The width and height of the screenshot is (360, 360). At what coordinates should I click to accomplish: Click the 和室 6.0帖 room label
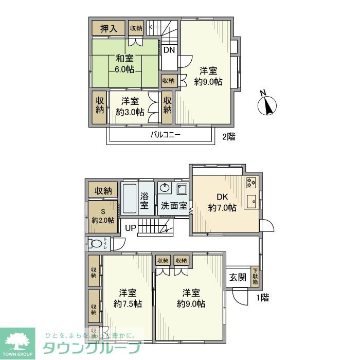(x=124, y=64)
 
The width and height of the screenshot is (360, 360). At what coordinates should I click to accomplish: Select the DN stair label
(x=169, y=50)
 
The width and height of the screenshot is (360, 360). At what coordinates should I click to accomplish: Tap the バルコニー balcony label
(x=166, y=136)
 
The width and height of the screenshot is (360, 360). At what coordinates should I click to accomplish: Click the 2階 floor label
(x=229, y=137)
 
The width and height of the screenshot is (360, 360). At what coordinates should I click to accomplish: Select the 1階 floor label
(x=261, y=297)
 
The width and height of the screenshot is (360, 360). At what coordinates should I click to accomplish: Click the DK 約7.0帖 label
(x=222, y=202)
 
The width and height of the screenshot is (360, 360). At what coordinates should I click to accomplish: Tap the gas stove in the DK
(x=251, y=183)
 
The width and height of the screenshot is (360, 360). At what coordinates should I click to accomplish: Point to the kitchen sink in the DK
(x=251, y=201)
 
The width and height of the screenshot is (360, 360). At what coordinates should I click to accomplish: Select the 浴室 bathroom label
(x=145, y=200)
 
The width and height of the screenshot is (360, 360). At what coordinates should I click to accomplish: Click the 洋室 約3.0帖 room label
(x=130, y=107)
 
